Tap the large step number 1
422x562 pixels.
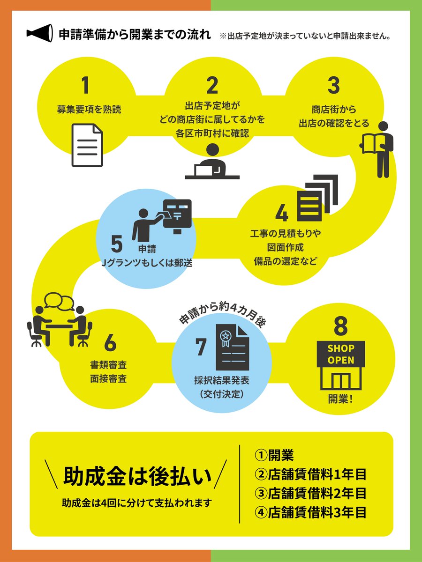84,85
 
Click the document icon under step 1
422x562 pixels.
87,145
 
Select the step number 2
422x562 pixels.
212,85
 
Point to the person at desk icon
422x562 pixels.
212,162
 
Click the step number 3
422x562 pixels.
333,85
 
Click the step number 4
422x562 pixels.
282,214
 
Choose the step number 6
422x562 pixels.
110,343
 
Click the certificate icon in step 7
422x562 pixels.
232,348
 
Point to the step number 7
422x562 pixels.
201,347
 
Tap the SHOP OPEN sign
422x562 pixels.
340,355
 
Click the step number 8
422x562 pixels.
340,327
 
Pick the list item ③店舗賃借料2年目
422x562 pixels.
310,493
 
